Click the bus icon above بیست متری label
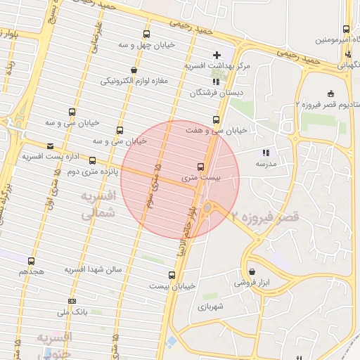tap(201, 167)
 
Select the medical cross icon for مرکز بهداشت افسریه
tap(217, 55)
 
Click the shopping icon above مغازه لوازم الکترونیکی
tap(134, 70)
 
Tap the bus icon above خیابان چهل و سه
tap(146, 34)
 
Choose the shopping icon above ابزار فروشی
tap(252, 272)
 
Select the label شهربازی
tap(210, 307)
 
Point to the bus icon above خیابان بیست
tap(172, 275)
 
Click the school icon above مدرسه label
tap(266, 153)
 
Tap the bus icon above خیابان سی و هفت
tap(216, 120)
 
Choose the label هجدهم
tap(32, 271)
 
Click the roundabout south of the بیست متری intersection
tap(208, 207)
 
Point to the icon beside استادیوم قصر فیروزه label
tap(331, 94)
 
